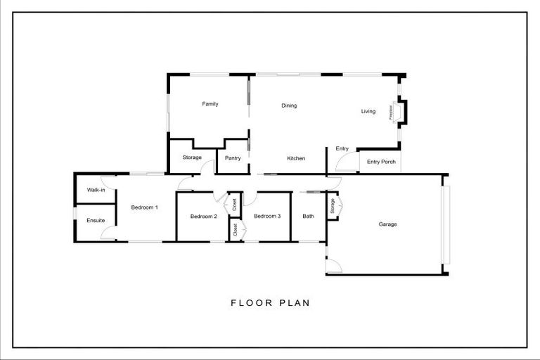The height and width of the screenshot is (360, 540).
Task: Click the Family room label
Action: tap(210, 104)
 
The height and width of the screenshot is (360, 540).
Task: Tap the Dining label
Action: tap(289, 106)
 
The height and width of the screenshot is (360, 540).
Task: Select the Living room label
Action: tap(368, 111)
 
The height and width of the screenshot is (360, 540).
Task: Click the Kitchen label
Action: tap(296, 159)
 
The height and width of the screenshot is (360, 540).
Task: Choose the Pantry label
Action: tap(233, 158)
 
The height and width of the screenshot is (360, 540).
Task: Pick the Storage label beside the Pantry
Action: tap(192, 157)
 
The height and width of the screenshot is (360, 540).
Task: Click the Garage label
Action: tap(387, 224)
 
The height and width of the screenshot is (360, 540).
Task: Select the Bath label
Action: tap(308, 217)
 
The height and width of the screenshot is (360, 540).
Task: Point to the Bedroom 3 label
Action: tap(267, 217)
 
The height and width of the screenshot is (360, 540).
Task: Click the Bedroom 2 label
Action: tap(203, 217)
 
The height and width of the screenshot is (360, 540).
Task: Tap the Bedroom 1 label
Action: tap(145, 207)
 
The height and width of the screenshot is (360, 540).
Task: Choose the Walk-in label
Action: tap(96, 190)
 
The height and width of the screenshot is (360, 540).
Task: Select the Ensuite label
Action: tap(96, 221)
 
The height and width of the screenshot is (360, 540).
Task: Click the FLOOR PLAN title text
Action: tap(270, 304)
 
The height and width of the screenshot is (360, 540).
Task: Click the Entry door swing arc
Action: tap(345, 164)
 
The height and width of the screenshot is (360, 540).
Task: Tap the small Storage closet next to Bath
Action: tap(333, 207)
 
